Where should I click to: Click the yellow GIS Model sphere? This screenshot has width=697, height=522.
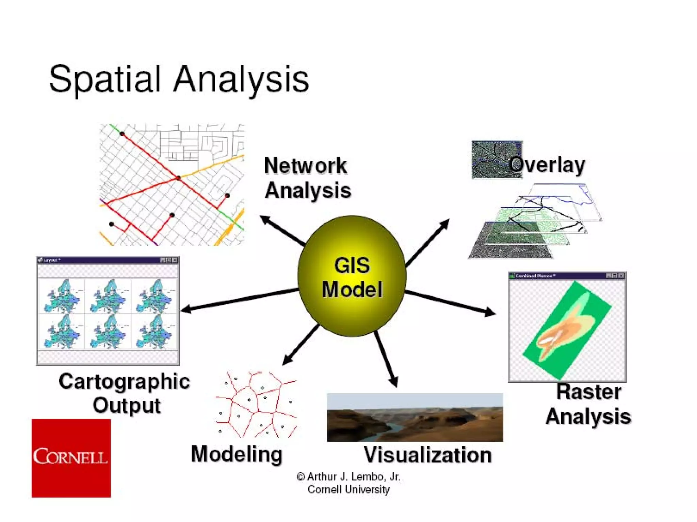click(x=352, y=276)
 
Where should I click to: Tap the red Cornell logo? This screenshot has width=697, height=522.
click(x=71, y=458)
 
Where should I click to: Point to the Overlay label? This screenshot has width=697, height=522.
click(x=547, y=165)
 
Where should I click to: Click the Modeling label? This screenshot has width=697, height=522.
click(x=237, y=454)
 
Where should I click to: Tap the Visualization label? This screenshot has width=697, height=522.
click(x=428, y=455)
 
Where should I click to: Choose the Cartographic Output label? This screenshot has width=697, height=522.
click(x=125, y=393)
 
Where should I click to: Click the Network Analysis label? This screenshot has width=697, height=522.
click(x=307, y=177)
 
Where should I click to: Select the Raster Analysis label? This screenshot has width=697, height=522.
click(x=588, y=404)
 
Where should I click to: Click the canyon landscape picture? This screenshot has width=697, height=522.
click(x=415, y=417)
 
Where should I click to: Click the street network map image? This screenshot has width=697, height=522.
click(x=172, y=185)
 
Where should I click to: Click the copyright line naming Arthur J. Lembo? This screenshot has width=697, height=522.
click(x=348, y=477)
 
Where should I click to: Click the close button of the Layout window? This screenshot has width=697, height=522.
click(x=175, y=260)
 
